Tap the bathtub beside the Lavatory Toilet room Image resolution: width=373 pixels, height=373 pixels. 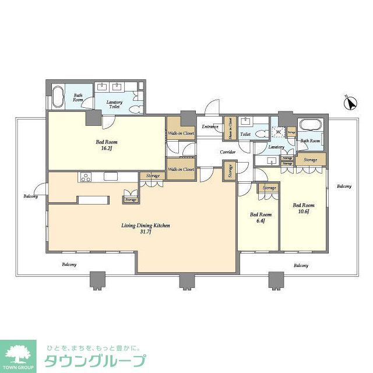(x=58, y=97)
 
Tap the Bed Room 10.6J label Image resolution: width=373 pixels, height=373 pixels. (x=304, y=208)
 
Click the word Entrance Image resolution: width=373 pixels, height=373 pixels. (x=210, y=126)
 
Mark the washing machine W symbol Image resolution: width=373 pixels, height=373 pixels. (x=279, y=133)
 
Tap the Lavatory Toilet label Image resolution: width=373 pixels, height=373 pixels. (x=114, y=105)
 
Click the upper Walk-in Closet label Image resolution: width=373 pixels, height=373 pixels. (x=181, y=133)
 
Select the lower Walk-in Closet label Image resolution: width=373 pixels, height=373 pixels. (x=181, y=169)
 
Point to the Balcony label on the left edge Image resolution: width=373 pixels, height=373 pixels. (x=31, y=196)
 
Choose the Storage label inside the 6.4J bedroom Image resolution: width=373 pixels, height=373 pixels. (x=269, y=188)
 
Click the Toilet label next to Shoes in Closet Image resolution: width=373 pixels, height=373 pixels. (x=245, y=134)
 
